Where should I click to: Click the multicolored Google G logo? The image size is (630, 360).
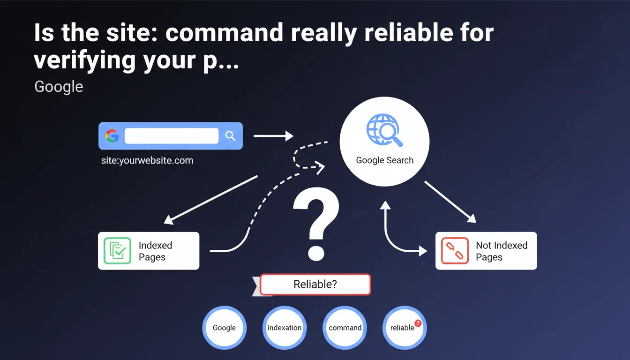[x=112, y=136]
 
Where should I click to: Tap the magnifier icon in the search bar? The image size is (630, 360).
[x=230, y=136]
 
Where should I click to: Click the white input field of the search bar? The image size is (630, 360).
[x=172, y=136]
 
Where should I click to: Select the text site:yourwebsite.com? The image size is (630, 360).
[x=147, y=161]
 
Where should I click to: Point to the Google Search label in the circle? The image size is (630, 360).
[x=384, y=160]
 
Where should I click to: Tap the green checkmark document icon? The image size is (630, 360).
[x=117, y=251]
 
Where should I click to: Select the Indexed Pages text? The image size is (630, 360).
[x=155, y=251]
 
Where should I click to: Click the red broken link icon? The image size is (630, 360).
[x=455, y=251]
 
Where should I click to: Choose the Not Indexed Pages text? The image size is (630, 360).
[x=501, y=251]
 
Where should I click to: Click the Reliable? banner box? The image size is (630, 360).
[x=315, y=285]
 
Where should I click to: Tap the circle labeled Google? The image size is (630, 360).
[x=224, y=328]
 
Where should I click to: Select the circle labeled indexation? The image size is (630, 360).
[x=285, y=328]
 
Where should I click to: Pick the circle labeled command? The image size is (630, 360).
[x=345, y=328]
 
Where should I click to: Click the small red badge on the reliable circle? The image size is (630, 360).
[x=418, y=323]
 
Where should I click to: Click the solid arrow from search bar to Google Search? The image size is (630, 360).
[x=273, y=136]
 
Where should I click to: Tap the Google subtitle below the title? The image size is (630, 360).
[x=59, y=87]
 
